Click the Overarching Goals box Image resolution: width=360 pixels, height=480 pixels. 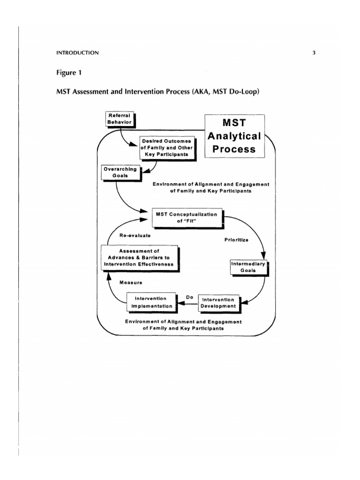120,172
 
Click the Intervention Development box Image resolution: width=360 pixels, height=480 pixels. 219,302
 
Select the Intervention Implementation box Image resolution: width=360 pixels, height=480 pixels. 150,302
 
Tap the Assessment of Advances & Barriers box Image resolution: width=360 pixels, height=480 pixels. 139,257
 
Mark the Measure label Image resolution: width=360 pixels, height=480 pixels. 131,283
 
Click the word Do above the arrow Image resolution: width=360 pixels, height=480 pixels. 190,297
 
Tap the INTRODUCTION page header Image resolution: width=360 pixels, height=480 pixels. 77,53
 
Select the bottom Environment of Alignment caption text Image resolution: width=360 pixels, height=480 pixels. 183,325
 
